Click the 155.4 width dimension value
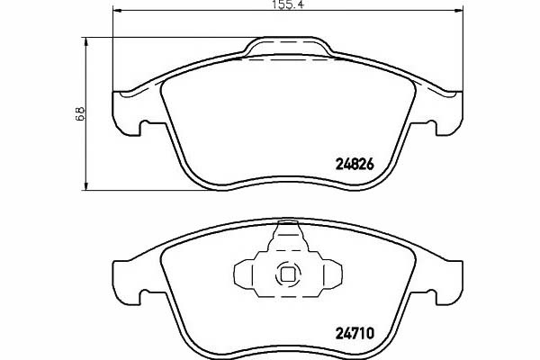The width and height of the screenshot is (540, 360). click(289, 4)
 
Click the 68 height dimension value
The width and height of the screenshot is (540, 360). click(80, 113)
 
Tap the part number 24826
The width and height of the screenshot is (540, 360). click(355, 165)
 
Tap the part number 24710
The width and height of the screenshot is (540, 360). click(355, 333)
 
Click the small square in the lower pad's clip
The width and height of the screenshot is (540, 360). click(288, 274)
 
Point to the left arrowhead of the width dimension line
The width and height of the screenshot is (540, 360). click(117, 11)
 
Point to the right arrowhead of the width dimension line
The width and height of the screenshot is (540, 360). click(459, 11)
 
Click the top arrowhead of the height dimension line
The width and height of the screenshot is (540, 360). click(86, 41)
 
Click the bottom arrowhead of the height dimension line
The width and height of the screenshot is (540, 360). click(86, 185)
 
